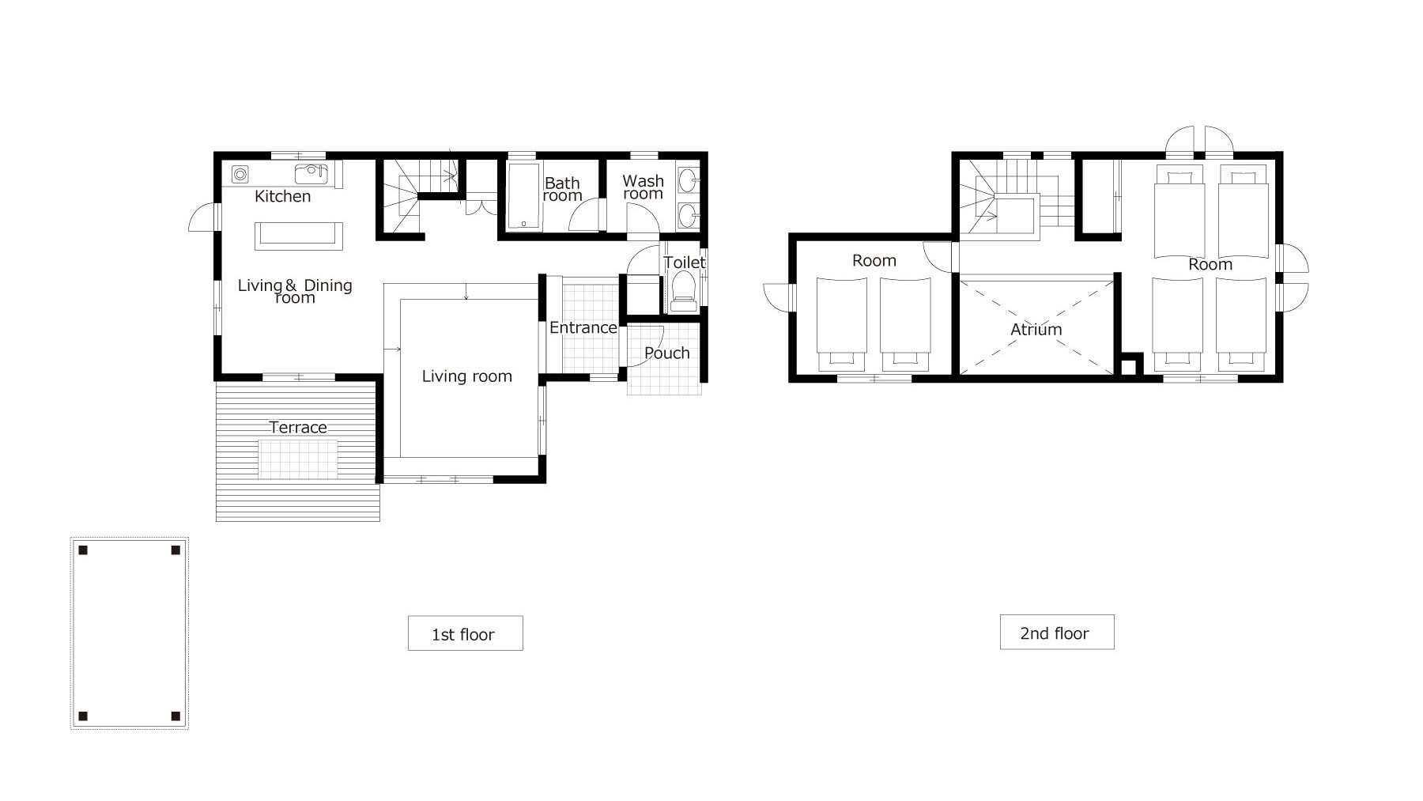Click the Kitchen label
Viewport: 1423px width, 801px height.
tap(282, 196)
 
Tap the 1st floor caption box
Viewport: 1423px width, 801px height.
tap(465, 633)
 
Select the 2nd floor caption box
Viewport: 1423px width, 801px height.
tap(1057, 633)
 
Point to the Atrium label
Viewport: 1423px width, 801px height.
tap(1036, 329)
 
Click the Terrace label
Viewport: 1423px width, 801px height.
tap(298, 427)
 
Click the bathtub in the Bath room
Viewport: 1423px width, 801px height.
tap(522, 197)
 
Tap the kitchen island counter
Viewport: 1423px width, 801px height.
tap(299, 236)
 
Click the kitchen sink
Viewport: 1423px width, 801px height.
tap(310, 173)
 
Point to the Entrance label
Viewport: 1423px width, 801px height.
tap(583, 327)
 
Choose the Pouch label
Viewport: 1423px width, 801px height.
tap(666, 353)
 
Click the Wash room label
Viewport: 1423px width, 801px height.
tap(643, 187)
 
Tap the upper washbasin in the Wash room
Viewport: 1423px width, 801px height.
tap(689, 179)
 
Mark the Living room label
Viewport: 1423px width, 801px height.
tap(466, 376)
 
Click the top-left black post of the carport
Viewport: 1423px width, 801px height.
tap(83, 550)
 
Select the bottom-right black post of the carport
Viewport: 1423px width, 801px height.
tap(176, 716)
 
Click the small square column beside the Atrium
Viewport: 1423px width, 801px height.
tap(1130, 365)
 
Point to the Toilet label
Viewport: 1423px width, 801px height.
tap(684, 262)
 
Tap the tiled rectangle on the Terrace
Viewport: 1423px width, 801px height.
tap(299, 459)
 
